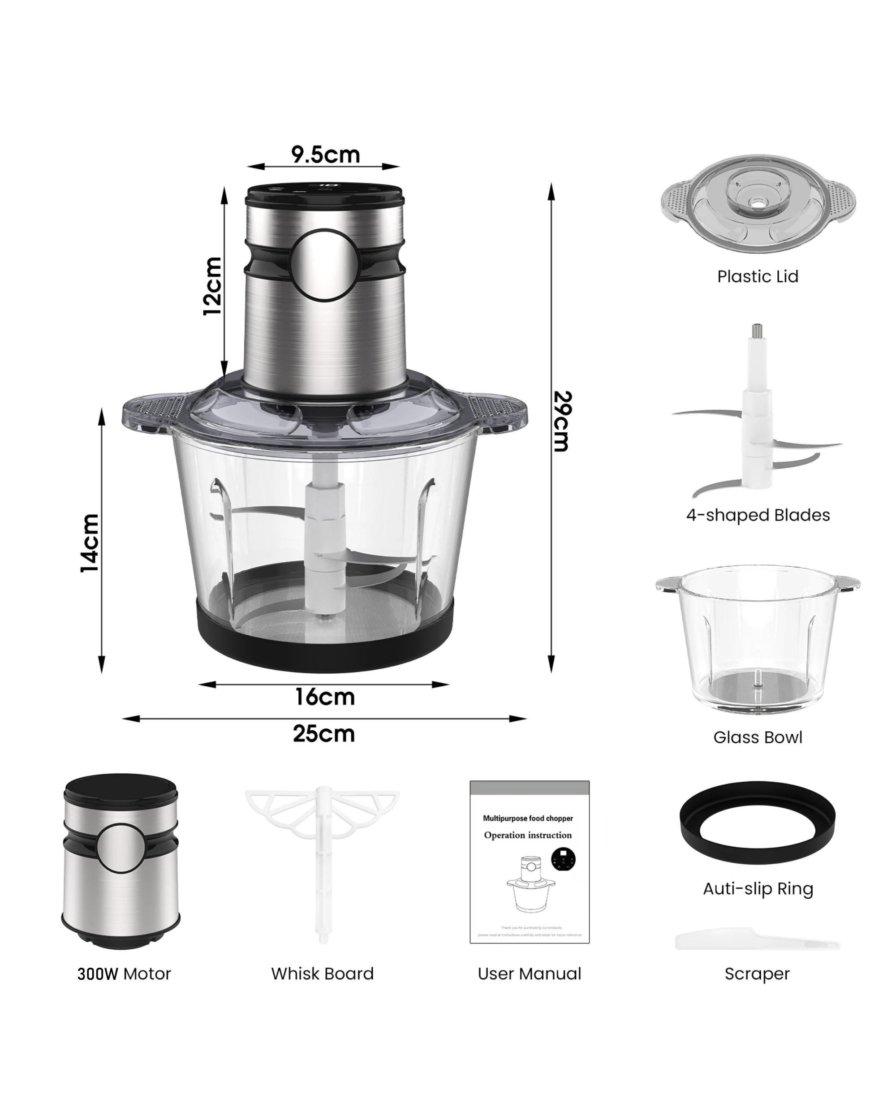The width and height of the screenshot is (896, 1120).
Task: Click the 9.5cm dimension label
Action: click(x=325, y=155)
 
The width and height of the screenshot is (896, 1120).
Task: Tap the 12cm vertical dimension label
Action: click(x=213, y=286)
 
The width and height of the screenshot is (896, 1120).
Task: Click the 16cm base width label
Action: click(x=325, y=697)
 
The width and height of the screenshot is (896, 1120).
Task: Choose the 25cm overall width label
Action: click(x=323, y=734)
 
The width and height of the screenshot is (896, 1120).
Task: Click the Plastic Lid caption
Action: click(x=757, y=276)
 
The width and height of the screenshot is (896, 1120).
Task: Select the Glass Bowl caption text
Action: click(x=757, y=737)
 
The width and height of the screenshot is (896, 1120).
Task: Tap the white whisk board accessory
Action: click(x=323, y=852)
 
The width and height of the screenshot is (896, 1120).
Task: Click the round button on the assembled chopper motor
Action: click(x=325, y=265)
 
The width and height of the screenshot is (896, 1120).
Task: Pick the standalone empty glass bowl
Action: click(x=757, y=639)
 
